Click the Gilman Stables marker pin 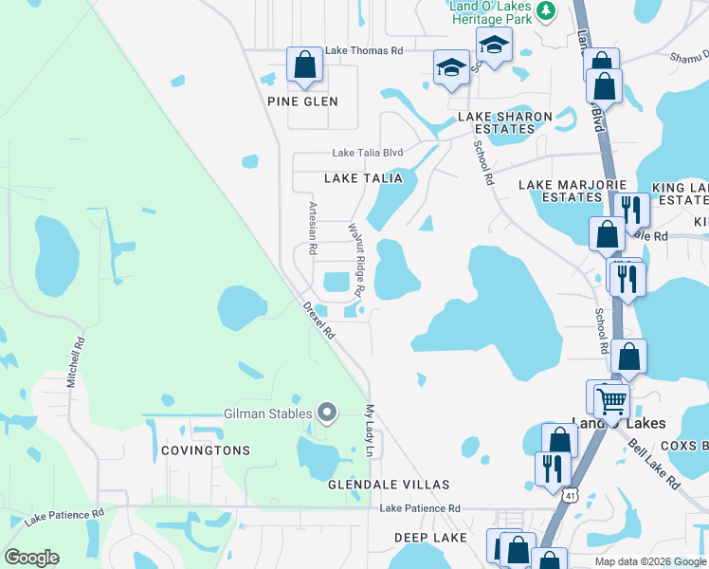(327, 413)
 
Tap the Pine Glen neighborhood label (302, 101)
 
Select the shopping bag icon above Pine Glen (304, 65)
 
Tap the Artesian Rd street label (312, 228)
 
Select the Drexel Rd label (319, 321)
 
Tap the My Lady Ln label (371, 431)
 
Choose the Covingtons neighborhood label (205, 450)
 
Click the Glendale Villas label (388, 485)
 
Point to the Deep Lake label (431, 538)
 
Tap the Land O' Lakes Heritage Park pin (545, 10)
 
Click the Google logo (31, 558)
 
